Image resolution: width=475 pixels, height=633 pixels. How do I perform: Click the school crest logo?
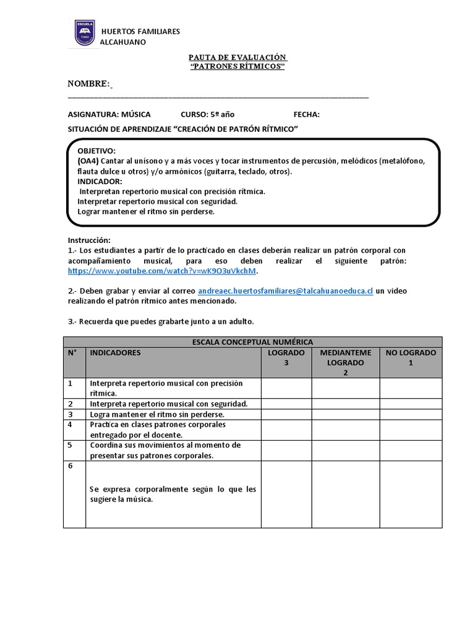pyautogui.click(x=85, y=33)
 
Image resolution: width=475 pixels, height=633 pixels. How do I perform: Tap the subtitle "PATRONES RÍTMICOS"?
pyautogui.click(x=237, y=67)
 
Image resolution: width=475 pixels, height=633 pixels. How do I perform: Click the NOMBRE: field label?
pyautogui.click(x=88, y=84)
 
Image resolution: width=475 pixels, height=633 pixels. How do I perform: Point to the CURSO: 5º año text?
pyautogui.click(x=207, y=114)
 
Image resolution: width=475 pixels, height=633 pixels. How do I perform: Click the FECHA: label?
pyautogui.click(x=306, y=114)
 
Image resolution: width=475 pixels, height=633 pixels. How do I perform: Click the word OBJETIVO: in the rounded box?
pyautogui.click(x=96, y=151)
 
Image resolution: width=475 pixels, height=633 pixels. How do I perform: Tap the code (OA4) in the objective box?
pyautogui.click(x=88, y=161)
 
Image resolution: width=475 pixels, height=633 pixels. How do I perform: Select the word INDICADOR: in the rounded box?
pyautogui.click(x=100, y=181)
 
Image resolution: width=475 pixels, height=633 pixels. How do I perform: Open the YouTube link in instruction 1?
pyautogui.click(x=161, y=271)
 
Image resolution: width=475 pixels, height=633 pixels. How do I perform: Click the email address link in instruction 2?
pyautogui.click(x=285, y=291)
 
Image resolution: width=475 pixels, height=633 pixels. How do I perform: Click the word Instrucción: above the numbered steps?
pyautogui.click(x=88, y=240)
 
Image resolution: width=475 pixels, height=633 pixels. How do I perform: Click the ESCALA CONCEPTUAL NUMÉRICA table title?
pyautogui.click(x=252, y=341)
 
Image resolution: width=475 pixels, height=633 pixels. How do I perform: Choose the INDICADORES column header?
pyautogui.click(x=116, y=352)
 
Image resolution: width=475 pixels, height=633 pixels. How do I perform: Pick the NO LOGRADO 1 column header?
pyautogui.click(x=411, y=357)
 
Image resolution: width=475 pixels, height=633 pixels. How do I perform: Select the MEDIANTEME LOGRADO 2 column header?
pyautogui.click(x=345, y=362)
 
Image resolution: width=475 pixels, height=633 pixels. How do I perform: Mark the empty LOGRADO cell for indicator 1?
pyautogui.click(x=286, y=388)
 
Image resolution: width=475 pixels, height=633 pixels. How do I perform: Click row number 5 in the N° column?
pyautogui.click(x=71, y=444)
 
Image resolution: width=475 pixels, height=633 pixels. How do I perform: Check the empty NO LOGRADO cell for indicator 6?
pyautogui.click(x=411, y=494)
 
